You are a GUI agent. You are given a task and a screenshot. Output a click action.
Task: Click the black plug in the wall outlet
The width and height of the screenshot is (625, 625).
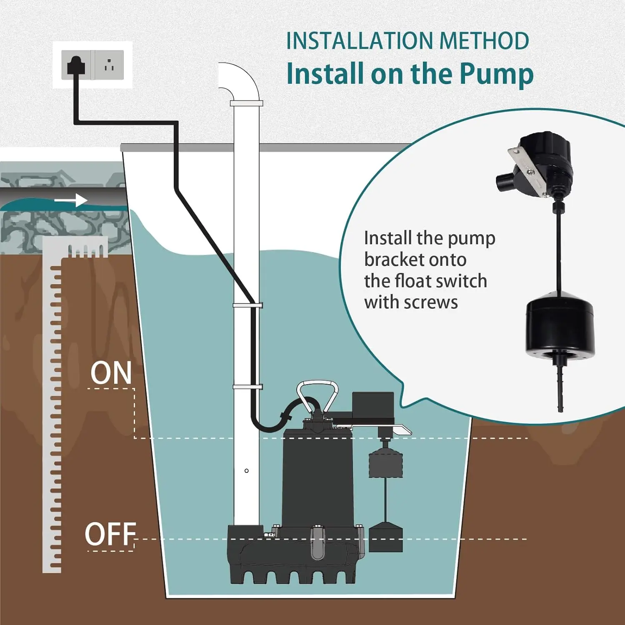click(76, 65)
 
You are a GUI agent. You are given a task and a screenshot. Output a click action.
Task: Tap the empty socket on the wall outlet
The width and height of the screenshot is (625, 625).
click(109, 65)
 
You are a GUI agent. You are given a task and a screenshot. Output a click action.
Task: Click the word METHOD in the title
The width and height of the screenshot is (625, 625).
click(484, 41)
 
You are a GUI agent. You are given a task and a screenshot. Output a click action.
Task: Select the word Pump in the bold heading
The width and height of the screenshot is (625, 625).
click(496, 74)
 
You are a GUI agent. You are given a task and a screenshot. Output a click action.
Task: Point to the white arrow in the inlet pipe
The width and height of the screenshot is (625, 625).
click(71, 200)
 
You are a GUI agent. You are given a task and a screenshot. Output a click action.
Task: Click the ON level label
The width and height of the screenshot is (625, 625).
click(111, 372)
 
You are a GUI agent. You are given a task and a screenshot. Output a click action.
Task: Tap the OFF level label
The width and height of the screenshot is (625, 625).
click(110, 534)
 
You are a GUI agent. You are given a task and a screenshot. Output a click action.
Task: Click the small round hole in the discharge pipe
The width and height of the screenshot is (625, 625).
click(247, 471)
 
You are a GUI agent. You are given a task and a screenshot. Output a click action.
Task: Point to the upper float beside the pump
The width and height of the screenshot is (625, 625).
click(386, 462)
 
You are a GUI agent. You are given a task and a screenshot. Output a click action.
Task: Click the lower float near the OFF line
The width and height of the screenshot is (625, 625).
click(386, 537)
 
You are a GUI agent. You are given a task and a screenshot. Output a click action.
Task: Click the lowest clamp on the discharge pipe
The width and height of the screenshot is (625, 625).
click(247, 387)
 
